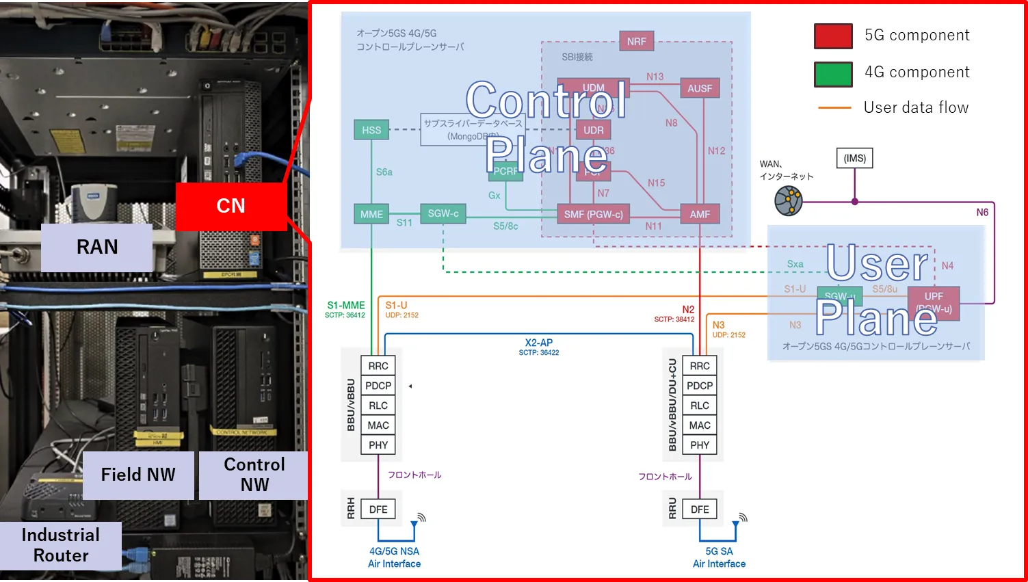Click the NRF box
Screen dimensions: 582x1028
(636, 41)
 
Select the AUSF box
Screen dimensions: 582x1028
(700, 88)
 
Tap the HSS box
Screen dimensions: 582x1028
(371, 130)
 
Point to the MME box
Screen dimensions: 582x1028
(371, 214)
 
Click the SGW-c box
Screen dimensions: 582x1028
(443, 213)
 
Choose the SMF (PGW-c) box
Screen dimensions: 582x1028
(593, 214)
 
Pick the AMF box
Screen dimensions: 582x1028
(700, 214)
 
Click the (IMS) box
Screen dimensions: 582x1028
(854, 158)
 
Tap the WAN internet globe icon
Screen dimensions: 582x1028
(789, 202)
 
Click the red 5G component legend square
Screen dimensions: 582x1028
(833, 36)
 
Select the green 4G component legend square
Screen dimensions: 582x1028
(833, 74)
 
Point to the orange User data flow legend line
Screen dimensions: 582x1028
(834, 108)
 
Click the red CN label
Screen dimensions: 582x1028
(230, 206)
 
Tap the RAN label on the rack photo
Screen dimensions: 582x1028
(96, 247)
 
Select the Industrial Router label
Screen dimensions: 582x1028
(61, 545)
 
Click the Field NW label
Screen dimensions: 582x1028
(138, 475)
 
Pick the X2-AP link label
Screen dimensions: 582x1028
(539, 343)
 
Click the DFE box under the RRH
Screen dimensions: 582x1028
(378, 510)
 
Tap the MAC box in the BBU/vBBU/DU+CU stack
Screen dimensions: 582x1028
(700, 425)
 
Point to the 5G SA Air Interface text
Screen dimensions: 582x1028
(719, 557)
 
